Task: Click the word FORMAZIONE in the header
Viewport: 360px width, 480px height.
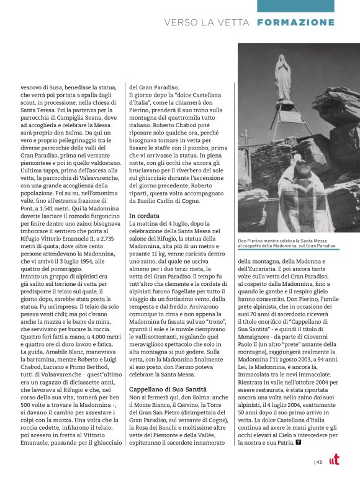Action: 295,22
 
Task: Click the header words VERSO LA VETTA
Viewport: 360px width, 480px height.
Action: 207,22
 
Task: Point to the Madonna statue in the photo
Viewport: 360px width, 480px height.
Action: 282,78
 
